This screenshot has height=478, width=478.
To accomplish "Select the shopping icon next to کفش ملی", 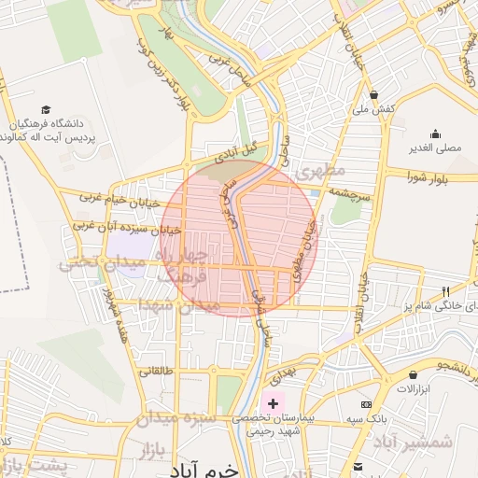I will (373, 94).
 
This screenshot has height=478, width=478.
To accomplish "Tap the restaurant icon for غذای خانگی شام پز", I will (444, 290).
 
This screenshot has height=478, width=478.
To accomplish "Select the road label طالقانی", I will (157, 371).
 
